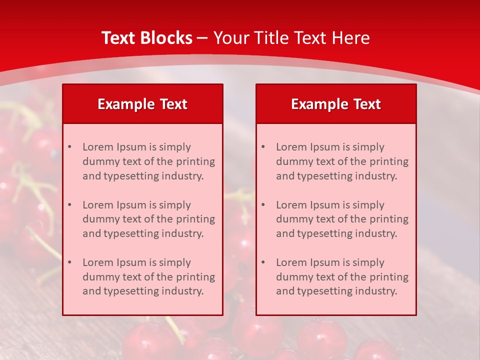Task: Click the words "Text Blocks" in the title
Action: (x=146, y=38)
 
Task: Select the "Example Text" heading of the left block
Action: (x=142, y=104)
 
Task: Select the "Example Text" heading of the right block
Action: (x=336, y=104)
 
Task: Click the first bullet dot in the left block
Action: (x=69, y=147)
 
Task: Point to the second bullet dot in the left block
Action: (x=69, y=205)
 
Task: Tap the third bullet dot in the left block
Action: (x=69, y=262)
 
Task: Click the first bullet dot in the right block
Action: (x=263, y=147)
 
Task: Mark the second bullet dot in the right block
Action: (x=263, y=205)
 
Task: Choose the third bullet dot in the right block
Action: (x=263, y=262)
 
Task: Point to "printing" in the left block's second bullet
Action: (x=196, y=219)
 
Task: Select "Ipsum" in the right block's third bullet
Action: (x=325, y=262)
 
